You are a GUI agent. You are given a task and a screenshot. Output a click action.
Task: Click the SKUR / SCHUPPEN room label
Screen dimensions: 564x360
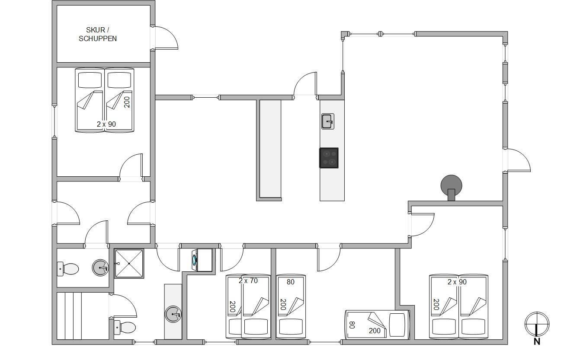point(98,34)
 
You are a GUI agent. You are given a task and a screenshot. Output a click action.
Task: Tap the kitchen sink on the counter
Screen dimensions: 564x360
point(327,121)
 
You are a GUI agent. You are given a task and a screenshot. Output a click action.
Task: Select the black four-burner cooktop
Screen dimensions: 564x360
point(329,158)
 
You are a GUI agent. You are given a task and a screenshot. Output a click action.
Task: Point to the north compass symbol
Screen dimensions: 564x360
point(537,324)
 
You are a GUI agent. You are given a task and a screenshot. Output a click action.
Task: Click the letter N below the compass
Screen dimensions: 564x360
point(537,342)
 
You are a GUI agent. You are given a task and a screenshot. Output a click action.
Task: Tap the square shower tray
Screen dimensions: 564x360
point(129,263)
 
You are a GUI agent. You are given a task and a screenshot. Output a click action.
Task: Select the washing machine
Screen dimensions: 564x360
point(202,260)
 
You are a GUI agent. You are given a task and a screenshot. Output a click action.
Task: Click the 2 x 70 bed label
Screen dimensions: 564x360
point(248,280)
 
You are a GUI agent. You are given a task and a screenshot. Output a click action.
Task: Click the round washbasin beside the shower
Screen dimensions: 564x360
point(100,268)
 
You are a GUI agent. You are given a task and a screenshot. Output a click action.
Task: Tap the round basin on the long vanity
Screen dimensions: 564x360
point(173,314)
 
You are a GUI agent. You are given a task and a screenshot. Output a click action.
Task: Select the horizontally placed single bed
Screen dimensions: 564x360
point(377,325)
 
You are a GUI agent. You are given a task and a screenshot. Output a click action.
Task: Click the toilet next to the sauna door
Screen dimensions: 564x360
point(125,327)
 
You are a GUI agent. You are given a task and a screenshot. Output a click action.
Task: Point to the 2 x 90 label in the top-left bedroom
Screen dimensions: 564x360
point(106,124)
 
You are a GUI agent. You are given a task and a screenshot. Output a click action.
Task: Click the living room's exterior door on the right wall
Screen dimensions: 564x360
point(517,160)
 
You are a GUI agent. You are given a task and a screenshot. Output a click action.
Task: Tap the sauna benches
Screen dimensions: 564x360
point(69,316)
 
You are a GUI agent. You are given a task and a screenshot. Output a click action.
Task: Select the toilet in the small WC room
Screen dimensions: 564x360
point(68,269)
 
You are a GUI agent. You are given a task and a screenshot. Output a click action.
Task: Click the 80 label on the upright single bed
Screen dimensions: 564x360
point(291,282)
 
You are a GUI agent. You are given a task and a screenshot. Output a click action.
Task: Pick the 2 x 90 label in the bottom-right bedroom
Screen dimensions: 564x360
point(457,282)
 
